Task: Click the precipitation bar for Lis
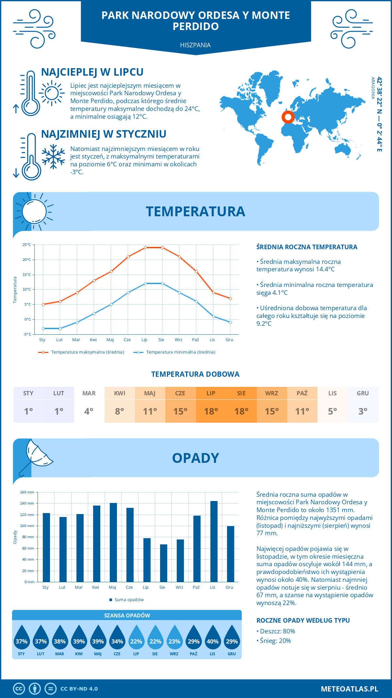pyautogui.click(x=214, y=541)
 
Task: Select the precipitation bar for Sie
pyautogui.click(x=163, y=563)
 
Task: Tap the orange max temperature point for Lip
pyautogui.click(x=145, y=248)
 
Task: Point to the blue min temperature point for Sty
pyautogui.click(x=43, y=328)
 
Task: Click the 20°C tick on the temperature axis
pyautogui.click(x=27, y=260)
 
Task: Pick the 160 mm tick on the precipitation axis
pyautogui.click(x=27, y=492)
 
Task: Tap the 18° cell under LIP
pyautogui.click(x=211, y=411)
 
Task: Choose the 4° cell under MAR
pyautogui.click(x=89, y=411)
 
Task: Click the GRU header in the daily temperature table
pyautogui.click(x=363, y=393)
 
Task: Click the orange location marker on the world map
pyautogui.click(x=288, y=117)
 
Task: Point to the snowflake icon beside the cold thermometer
pyautogui.click(x=53, y=157)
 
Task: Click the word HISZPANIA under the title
pyautogui.click(x=195, y=45)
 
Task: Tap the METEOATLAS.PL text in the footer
pyautogui.click(x=349, y=689)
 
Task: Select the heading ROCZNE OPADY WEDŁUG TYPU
pyautogui.click(x=303, y=620)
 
